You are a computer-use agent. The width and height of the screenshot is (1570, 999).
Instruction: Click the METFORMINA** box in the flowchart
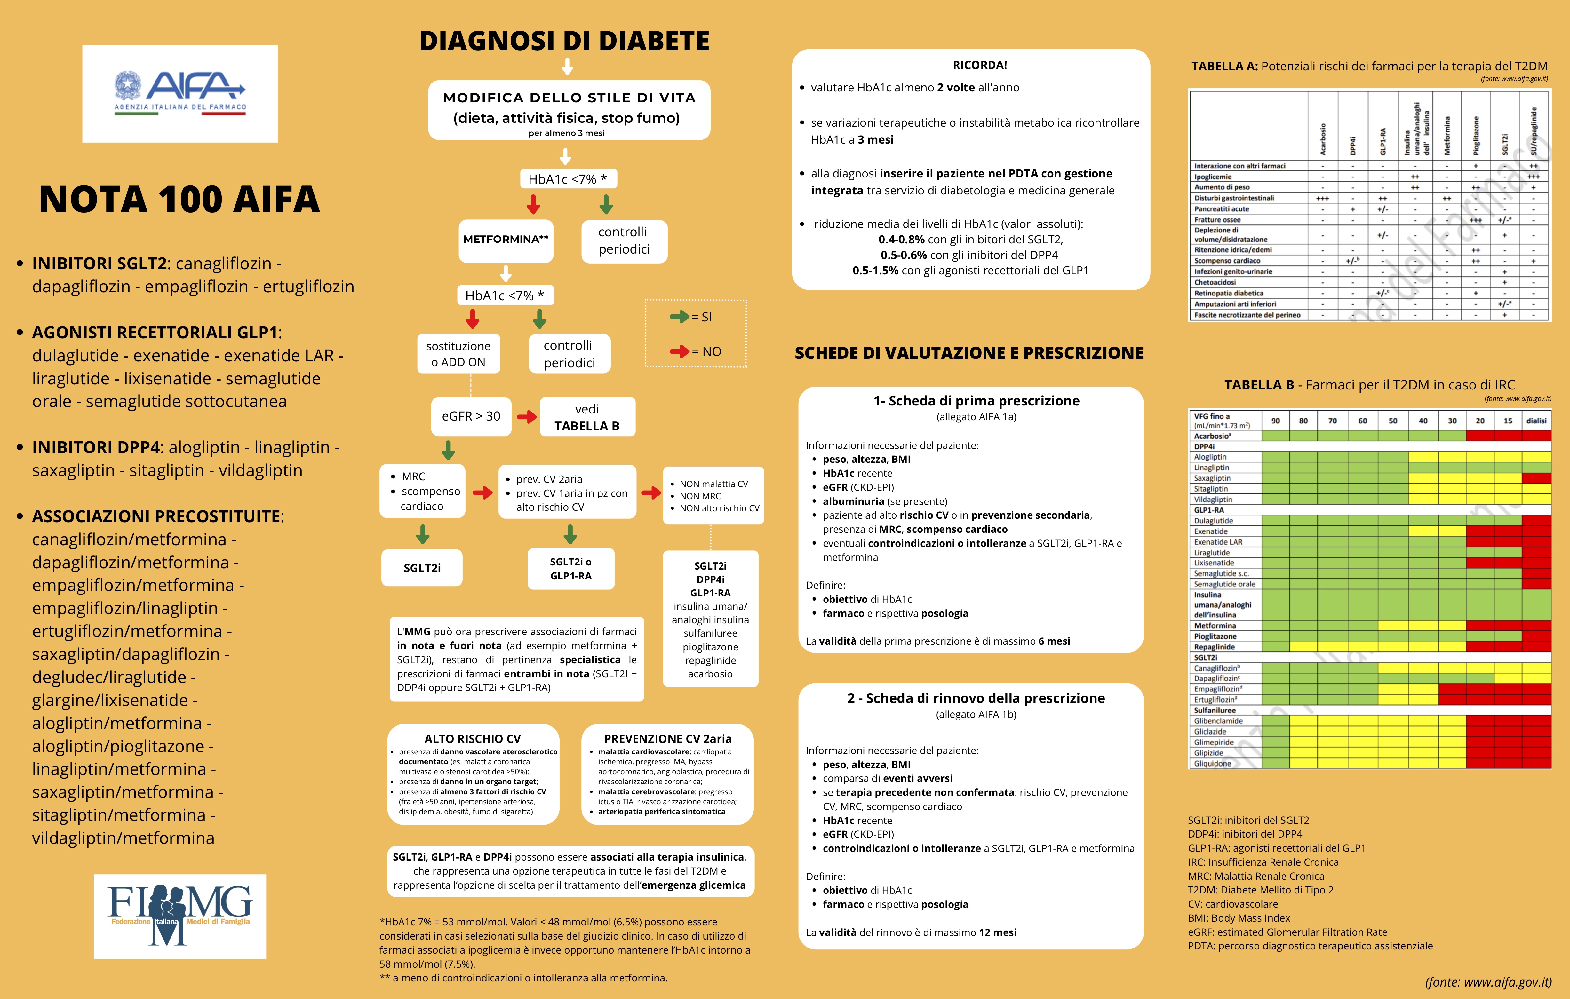pyautogui.click(x=506, y=239)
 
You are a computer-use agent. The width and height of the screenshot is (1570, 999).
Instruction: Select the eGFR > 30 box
pyautogui.click(x=471, y=416)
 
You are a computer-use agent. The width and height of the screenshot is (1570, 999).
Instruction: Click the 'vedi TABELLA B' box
pyautogui.click(x=587, y=417)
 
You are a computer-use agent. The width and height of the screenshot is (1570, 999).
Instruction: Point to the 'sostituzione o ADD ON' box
pyautogui.click(x=458, y=354)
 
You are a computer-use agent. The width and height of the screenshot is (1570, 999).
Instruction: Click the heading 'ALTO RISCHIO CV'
pyautogui.click(x=473, y=738)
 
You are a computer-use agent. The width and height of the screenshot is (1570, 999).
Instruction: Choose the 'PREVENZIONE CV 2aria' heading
pyautogui.click(x=668, y=738)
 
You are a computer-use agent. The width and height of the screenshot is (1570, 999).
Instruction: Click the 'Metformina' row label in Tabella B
pyautogui.click(x=1215, y=625)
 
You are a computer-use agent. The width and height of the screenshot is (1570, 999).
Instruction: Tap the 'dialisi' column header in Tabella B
pyautogui.click(x=1536, y=421)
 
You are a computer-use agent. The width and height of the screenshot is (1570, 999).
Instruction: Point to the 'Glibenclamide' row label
pyautogui.click(x=1218, y=721)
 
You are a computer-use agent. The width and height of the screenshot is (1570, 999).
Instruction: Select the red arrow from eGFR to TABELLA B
pyautogui.click(x=527, y=416)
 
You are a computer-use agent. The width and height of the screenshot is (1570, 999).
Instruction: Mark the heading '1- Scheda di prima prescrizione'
pyautogui.click(x=976, y=401)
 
